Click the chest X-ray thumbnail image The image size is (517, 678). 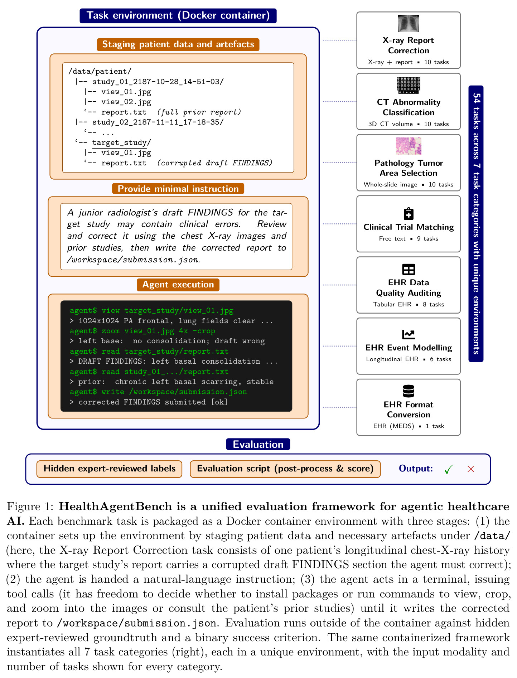[x=409, y=24]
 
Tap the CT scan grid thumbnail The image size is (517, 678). [x=409, y=85]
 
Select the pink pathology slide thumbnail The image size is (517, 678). [x=409, y=146]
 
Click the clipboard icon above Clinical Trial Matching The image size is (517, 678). [x=409, y=213]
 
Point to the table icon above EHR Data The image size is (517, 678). [x=409, y=269]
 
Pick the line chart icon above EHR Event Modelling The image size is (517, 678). [x=409, y=334]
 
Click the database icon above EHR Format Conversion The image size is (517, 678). [x=409, y=391]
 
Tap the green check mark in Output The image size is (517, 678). [x=449, y=469]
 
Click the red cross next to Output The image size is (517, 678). [x=471, y=469]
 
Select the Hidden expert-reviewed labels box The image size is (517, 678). [x=109, y=469]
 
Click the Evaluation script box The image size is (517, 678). [x=285, y=469]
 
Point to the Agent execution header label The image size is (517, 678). [x=178, y=285]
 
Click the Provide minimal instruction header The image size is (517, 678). [x=178, y=189]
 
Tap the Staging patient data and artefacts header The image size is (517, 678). [x=178, y=44]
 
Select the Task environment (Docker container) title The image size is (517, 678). [x=178, y=16]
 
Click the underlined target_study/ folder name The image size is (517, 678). [x=121, y=143]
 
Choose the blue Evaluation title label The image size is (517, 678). [x=258, y=444]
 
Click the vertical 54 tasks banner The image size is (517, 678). [x=476, y=224]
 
